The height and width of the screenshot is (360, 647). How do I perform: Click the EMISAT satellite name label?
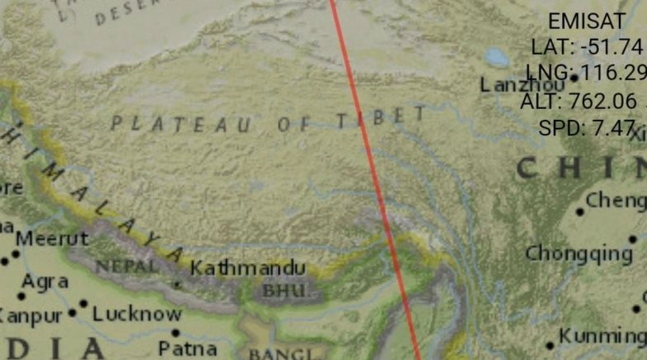click(x=588, y=21)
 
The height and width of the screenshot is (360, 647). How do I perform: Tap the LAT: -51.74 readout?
click(x=587, y=46)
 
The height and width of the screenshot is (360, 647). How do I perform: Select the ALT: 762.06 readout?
click(x=579, y=101)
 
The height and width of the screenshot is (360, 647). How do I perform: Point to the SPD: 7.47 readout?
click(x=588, y=127)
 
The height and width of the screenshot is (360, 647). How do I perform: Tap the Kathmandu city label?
click(x=248, y=268)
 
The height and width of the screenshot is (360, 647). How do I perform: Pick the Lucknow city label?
click(x=137, y=314)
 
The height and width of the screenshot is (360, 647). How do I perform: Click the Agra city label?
click(x=45, y=282)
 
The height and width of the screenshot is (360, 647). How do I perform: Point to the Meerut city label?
click(x=52, y=239)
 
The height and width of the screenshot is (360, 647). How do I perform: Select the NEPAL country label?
click(x=126, y=267)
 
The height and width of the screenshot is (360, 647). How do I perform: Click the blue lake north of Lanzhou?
click(x=497, y=57)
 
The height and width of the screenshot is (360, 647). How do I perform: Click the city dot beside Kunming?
click(x=550, y=346)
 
